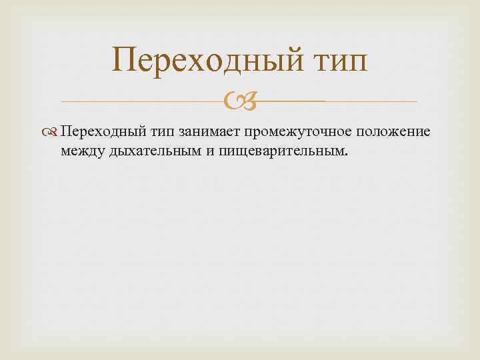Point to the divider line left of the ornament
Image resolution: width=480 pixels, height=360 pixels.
[x=140, y=101]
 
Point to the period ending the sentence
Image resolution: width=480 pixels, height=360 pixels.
[x=346, y=155]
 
